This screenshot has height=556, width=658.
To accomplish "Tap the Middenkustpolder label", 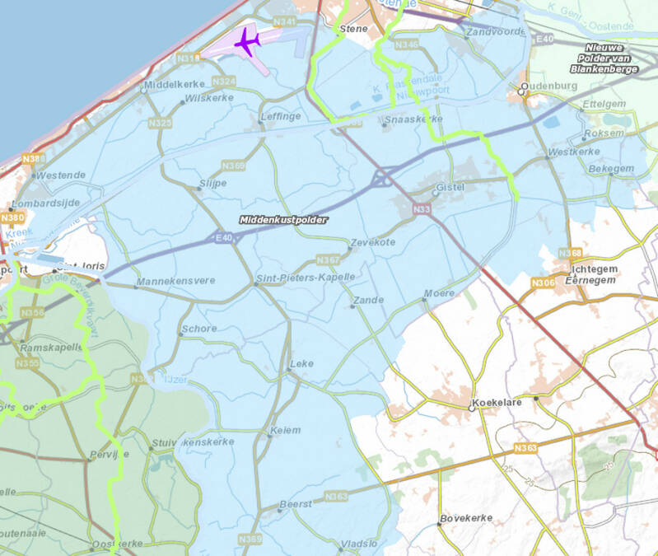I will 283,220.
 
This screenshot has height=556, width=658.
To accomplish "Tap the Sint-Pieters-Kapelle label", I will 306,278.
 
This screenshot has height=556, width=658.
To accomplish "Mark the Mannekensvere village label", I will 175,281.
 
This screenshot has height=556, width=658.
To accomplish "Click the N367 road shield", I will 329,260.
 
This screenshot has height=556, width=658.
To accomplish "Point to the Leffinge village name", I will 280,117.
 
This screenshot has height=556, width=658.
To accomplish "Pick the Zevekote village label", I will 372,243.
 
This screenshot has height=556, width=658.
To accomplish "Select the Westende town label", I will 61,175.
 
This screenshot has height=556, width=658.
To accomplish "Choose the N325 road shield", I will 160,123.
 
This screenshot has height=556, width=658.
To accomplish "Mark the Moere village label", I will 438,293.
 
